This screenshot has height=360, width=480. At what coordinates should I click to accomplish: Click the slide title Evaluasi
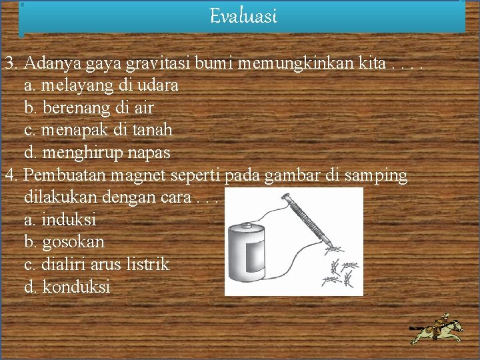243,15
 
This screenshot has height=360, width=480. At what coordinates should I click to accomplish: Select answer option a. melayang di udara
101,85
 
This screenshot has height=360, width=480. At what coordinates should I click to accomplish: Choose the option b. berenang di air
89,107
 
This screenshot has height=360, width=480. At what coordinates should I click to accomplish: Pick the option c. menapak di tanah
98,129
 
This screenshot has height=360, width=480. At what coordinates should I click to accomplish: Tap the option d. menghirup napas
97,152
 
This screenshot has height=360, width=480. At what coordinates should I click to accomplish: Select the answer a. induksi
59,219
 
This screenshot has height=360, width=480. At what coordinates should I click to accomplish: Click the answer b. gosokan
64,241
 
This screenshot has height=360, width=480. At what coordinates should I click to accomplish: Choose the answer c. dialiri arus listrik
96,264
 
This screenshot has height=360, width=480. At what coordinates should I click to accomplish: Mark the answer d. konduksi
67,287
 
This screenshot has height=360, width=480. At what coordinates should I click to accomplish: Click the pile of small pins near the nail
341,269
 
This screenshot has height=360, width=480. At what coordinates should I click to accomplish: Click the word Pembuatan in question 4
61,175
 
